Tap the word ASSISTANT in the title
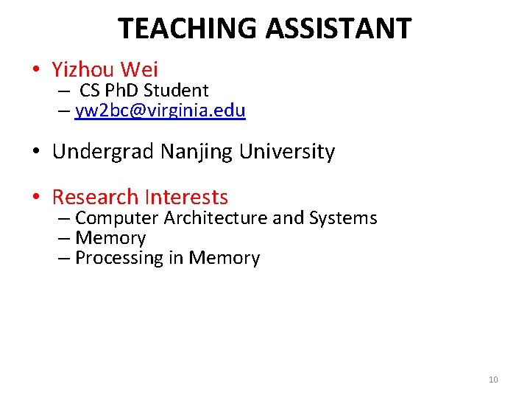338,29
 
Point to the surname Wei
139,70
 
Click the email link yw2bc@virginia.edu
160,111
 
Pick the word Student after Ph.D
177,91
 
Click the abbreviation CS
91,91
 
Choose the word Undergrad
103,152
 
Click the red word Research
95,197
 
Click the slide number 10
493,380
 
